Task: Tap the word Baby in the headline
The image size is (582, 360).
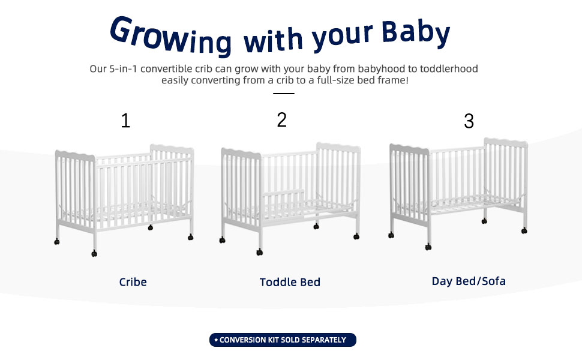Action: [x=416, y=32]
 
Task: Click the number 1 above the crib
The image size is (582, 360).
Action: [x=125, y=121]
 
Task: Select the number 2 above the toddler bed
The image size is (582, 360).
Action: [x=282, y=120]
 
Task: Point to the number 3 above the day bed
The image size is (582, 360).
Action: [x=469, y=121]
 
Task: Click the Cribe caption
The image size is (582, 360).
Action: [x=133, y=282]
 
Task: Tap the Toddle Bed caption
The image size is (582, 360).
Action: [x=290, y=282]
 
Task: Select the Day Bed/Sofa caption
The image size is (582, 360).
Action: [x=469, y=281]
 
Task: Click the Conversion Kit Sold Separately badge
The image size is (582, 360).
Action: [x=283, y=340]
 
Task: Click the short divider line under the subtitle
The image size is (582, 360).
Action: [x=284, y=94]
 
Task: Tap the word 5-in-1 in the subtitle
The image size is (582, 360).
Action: [x=123, y=68]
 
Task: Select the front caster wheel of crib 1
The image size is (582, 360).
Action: [x=94, y=253]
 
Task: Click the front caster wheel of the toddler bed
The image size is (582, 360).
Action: [x=259, y=253]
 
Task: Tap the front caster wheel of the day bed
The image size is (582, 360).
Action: [x=428, y=247]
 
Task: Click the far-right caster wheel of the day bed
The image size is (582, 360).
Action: [x=524, y=231]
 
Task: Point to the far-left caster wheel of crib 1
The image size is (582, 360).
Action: [x=57, y=242]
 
